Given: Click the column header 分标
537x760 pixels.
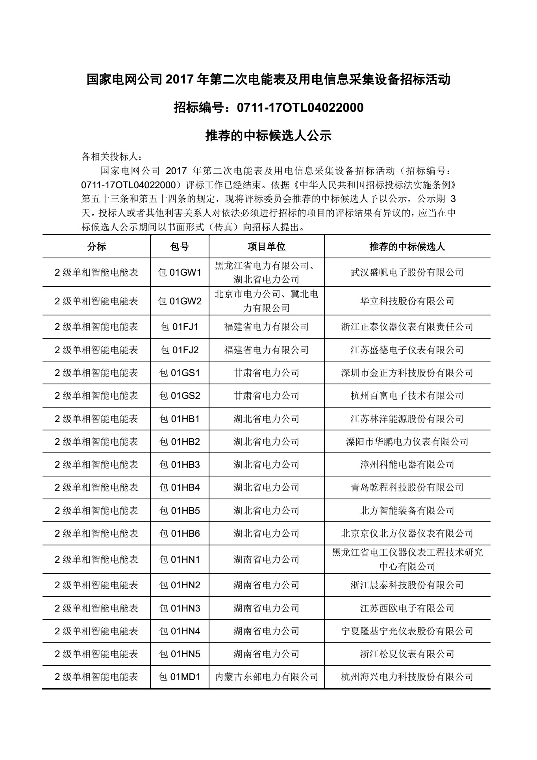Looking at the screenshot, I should pos(96,247).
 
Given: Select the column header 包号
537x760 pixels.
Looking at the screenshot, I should pos(180,247).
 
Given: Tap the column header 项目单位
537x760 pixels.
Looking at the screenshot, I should pos(267,247).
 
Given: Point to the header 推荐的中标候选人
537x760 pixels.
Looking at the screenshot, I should pos(407,247).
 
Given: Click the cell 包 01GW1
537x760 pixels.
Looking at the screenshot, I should pos(180,272).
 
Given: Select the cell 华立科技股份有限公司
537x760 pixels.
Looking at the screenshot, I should pos(407,301).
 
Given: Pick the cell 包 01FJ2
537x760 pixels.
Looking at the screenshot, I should pos(180,350).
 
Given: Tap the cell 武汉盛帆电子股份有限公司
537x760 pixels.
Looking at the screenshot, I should pos(407,272).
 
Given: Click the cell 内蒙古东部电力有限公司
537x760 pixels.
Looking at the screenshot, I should pos(267,677).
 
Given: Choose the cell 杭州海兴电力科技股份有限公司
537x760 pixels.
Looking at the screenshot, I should pos(407,677).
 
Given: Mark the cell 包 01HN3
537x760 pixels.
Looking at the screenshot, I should pos(180,608).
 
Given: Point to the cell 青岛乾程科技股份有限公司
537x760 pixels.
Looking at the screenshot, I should pos(407,488).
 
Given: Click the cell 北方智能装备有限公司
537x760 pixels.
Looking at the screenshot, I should pos(407,511).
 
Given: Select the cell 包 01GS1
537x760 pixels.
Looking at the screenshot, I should pos(180,373).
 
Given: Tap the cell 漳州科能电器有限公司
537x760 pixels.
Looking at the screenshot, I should pos(407,465).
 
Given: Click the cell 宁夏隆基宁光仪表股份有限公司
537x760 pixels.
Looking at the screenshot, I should pos(407,631).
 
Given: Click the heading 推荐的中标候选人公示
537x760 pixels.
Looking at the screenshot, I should pos(268,136).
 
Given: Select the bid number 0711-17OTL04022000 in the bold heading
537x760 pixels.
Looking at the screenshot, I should pos(300,108).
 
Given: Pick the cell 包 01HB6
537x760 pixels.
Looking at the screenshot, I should pos(180,534).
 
